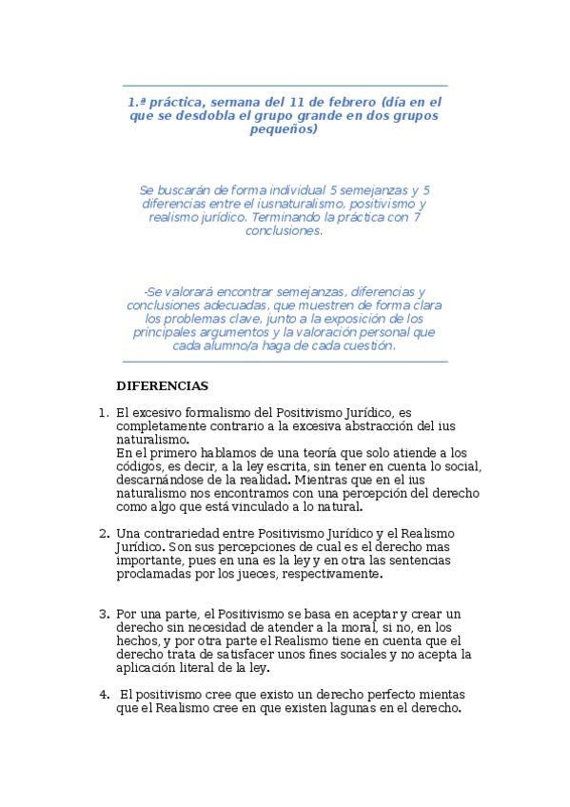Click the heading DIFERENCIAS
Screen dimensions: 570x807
coord(162,386)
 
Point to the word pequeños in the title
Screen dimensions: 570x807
coord(285,128)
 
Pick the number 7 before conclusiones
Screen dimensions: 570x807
coord(418,217)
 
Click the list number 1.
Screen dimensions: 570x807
coord(103,413)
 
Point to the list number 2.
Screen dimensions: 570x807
coord(103,533)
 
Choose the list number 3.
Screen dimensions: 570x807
coord(103,615)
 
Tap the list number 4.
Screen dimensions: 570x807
coord(103,694)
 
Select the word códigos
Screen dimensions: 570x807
coord(138,466)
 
